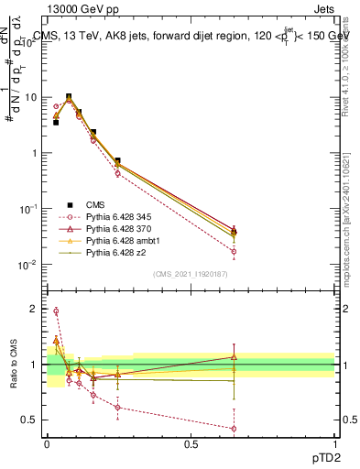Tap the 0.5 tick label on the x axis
[x=191, y=444]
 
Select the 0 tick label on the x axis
[x=47, y=444]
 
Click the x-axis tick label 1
[x=334, y=444]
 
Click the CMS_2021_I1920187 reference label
[x=191, y=274]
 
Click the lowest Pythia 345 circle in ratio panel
[x=235, y=428]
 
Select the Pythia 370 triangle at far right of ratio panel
[x=235, y=357]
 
